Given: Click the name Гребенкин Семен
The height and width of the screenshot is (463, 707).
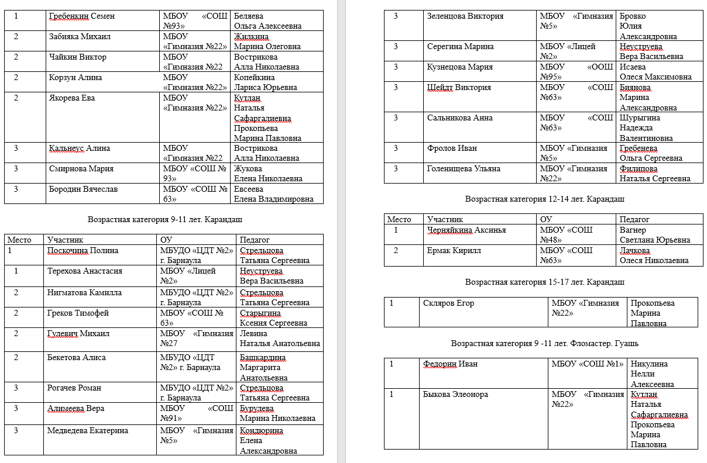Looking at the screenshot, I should (82, 16).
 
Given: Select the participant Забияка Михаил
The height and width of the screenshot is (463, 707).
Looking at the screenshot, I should (80, 36).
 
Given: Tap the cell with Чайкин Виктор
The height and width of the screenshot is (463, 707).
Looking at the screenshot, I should (78, 57).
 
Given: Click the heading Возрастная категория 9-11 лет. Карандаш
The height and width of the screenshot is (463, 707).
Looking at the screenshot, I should (165, 219).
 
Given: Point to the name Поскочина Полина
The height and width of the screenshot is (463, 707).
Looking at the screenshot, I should (83, 250).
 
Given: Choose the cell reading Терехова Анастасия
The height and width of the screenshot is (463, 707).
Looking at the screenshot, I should (85, 271).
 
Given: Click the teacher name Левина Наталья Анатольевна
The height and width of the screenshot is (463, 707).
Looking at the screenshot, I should (280, 338).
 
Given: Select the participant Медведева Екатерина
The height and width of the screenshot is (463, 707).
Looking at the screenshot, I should (87, 431).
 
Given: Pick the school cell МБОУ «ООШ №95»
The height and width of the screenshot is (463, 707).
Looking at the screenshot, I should (577, 72).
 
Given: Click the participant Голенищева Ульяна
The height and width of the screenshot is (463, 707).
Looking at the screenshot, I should (464, 168).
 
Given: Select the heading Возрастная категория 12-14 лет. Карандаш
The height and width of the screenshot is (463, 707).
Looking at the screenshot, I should (544, 199).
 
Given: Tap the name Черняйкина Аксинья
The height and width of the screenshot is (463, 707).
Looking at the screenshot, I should (466, 230).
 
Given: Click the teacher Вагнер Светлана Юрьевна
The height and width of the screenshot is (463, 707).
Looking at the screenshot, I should (654, 235).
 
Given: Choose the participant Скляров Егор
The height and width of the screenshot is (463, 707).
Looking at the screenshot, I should (448, 303).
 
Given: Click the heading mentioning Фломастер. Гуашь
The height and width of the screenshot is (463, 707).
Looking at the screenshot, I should (544, 343).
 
